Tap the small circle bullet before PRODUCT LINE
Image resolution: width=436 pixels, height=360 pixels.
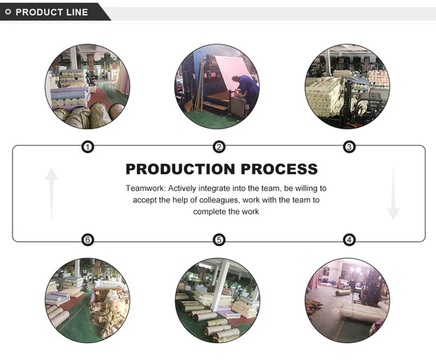point(8,12)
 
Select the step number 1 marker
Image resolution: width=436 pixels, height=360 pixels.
point(88,147)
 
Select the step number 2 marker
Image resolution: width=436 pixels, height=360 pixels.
point(219,147)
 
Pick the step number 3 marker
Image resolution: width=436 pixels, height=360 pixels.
point(350,147)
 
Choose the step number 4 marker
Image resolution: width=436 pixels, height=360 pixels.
point(350,240)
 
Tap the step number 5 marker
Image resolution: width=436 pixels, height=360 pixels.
point(219,240)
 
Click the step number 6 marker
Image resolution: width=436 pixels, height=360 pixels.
point(88,240)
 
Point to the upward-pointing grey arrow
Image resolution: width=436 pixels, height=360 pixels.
point(51,193)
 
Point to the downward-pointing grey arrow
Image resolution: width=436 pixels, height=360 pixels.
point(392,193)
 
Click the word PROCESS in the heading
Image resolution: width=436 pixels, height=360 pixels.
point(279,169)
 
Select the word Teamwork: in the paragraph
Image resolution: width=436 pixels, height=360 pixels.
point(146,188)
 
